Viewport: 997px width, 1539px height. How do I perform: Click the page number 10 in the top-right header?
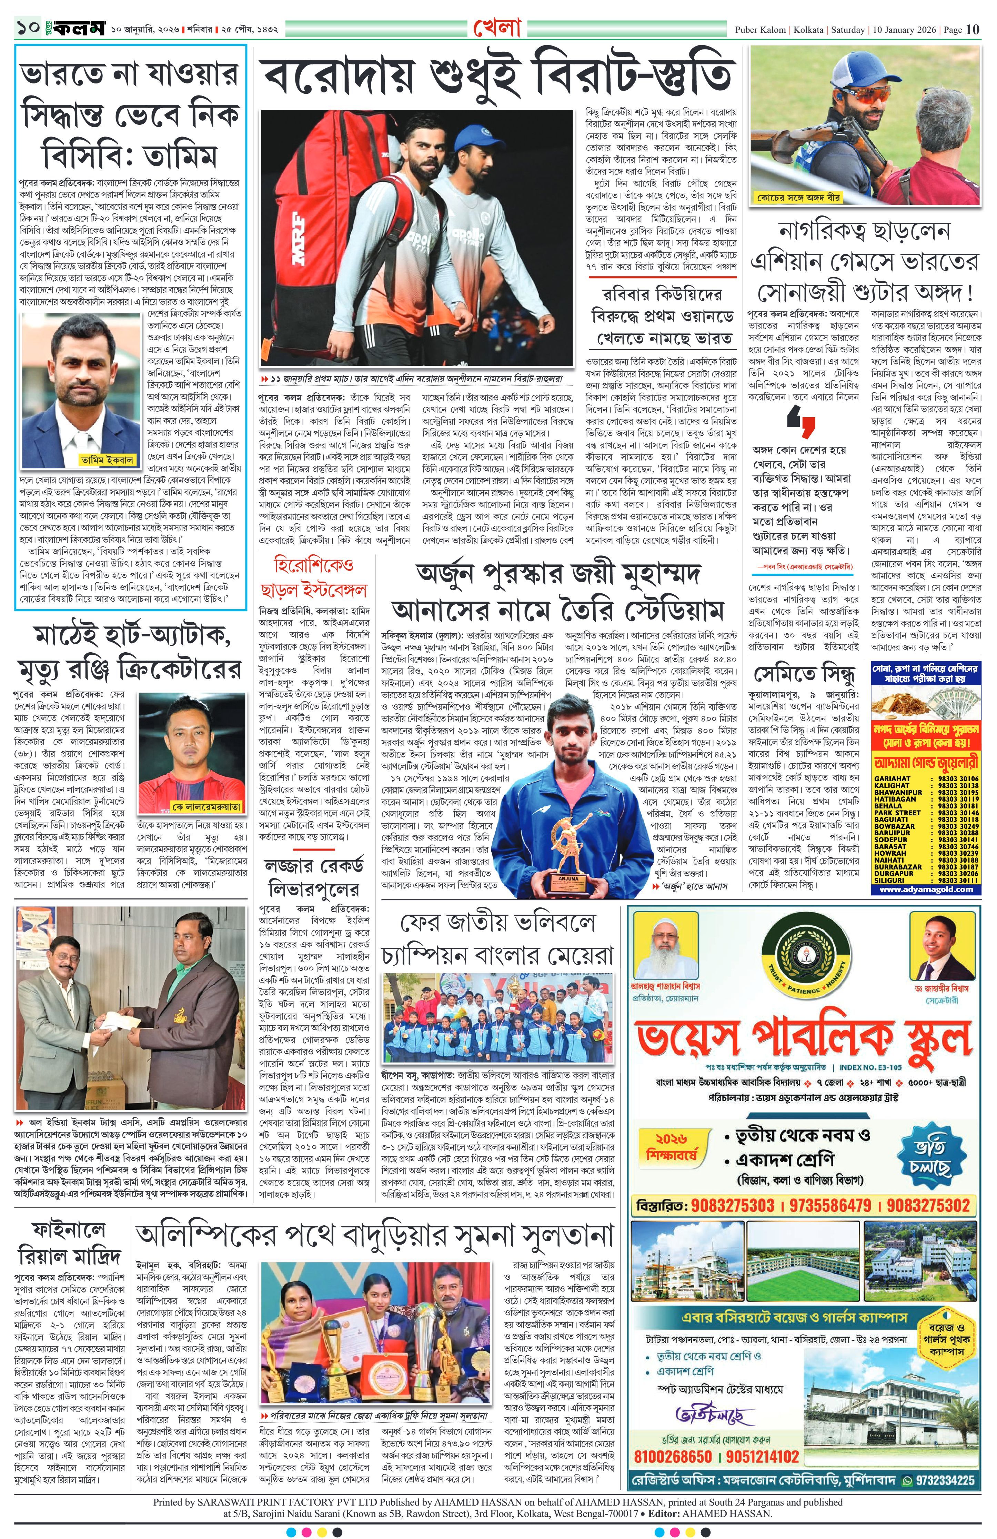coord(973,29)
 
